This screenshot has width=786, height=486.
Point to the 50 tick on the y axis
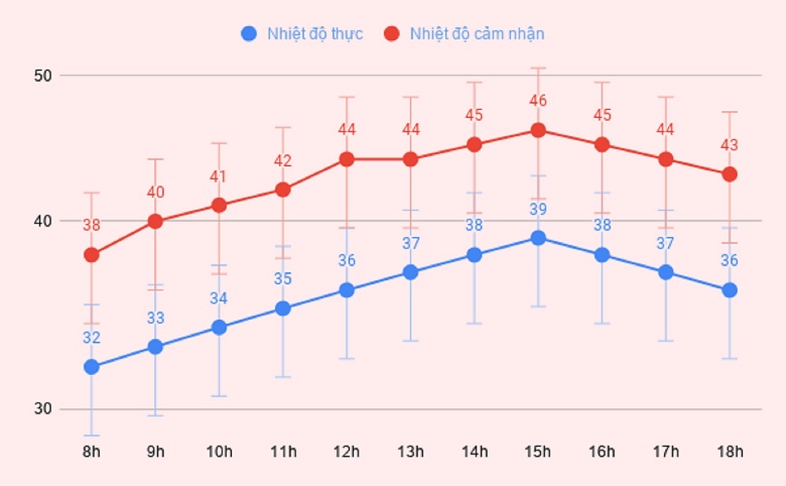coord(42,75)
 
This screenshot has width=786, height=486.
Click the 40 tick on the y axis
coord(42,221)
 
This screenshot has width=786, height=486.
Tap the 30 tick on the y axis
coord(42,409)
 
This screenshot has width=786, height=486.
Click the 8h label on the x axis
coord(91,452)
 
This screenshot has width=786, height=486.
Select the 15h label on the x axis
coord(538,452)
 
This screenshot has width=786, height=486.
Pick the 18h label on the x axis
coord(730,452)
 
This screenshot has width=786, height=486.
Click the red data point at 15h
coord(538,130)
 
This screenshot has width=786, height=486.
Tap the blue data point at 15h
coord(538,237)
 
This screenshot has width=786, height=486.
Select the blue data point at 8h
coord(91,367)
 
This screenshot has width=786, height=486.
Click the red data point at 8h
coord(91,255)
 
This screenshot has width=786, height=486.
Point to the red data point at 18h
coord(730,174)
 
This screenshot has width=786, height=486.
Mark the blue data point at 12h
coord(347,290)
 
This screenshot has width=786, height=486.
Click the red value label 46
coord(538,101)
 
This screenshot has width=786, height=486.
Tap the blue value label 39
coord(538,209)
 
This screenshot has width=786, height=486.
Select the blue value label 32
coord(91,338)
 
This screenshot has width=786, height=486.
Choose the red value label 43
coord(730,145)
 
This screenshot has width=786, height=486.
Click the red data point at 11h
coord(283,190)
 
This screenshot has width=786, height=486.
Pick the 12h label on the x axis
coord(347,452)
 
